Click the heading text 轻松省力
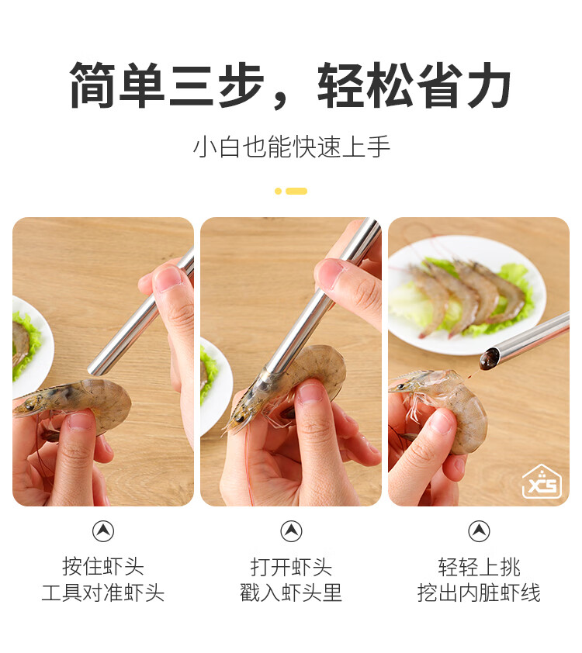click(414, 85)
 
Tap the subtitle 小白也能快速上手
click(291, 147)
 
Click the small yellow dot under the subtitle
click(278, 191)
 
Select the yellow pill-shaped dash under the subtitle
click(296, 191)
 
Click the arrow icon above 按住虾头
click(103, 531)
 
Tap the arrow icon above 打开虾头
click(291, 531)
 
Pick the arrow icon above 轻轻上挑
click(479, 531)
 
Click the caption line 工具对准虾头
click(103, 593)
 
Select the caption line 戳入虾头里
click(291, 593)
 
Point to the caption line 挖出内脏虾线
click(479, 593)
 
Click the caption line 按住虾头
click(103, 566)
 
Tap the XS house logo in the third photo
click(542, 482)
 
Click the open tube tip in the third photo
click(490, 358)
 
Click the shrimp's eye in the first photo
click(30, 403)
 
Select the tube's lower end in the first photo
click(93, 369)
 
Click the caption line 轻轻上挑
click(479, 566)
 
